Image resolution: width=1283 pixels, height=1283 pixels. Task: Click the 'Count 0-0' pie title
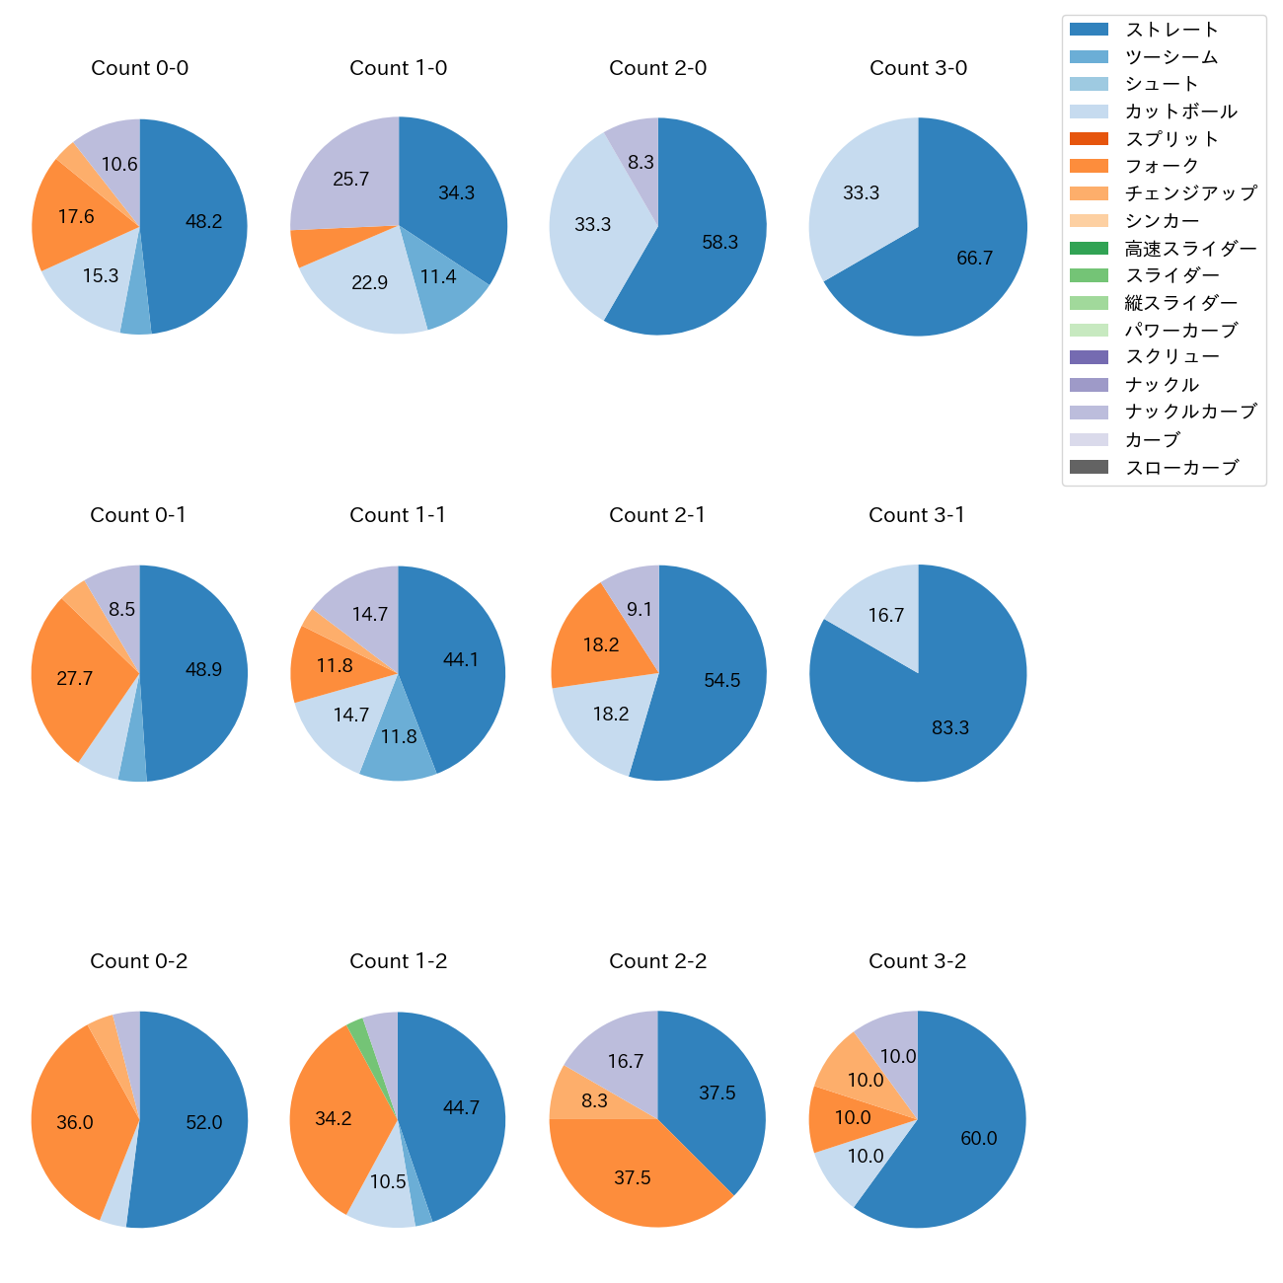pos(140,68)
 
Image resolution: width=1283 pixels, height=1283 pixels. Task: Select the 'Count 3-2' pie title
pos(917,961)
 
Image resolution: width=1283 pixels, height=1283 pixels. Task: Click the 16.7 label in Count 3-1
pos(885,616)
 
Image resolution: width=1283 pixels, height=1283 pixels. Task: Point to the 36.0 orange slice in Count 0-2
pos(74,1122)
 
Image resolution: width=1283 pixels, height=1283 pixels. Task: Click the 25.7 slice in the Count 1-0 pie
pos(350,180)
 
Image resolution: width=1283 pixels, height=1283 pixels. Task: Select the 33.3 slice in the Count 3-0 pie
pos(861,193)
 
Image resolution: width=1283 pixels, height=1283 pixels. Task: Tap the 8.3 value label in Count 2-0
pos(641,162)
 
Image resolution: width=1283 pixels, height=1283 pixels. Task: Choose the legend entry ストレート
pos(1171,30)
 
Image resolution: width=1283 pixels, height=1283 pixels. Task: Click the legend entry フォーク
pos(1162,166)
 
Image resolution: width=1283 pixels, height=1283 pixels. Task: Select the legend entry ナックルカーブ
pos(1190,412)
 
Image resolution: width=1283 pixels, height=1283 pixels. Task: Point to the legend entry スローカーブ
pos(1181,467)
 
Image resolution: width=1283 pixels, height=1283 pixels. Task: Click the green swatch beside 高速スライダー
pos(1089,248)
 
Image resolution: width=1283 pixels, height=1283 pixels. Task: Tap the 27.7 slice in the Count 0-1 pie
pos(74,678)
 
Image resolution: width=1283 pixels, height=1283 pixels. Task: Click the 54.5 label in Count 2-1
pos(721,680)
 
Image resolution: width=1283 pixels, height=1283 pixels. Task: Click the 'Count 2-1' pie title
pos(657,515)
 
